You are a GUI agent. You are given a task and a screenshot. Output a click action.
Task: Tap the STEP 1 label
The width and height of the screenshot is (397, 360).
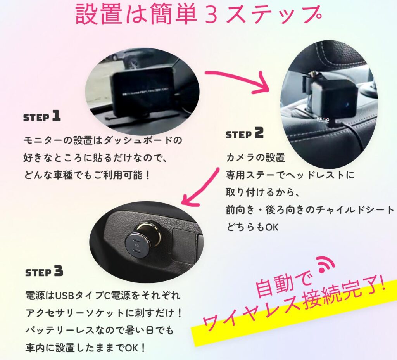(42, 116)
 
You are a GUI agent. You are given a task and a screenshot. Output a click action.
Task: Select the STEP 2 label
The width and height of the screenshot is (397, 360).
(245, 133)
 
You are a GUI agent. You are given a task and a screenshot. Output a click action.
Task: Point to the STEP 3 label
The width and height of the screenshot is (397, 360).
(44, 272)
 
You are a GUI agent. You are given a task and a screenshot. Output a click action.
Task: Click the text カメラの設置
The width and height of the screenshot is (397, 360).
(255, 157)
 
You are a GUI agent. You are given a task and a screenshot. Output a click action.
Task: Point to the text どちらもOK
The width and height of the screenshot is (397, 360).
(252, 227)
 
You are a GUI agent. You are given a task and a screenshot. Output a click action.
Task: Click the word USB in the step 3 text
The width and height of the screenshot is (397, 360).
(64, 295)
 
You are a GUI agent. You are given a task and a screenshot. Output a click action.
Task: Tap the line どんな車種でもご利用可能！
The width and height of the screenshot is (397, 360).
(87, 175)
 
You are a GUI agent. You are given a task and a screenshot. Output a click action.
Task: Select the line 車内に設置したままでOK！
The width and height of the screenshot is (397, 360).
(86, 348)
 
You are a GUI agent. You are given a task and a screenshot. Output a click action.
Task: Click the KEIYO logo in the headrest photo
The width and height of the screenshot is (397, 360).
(323, 119)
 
